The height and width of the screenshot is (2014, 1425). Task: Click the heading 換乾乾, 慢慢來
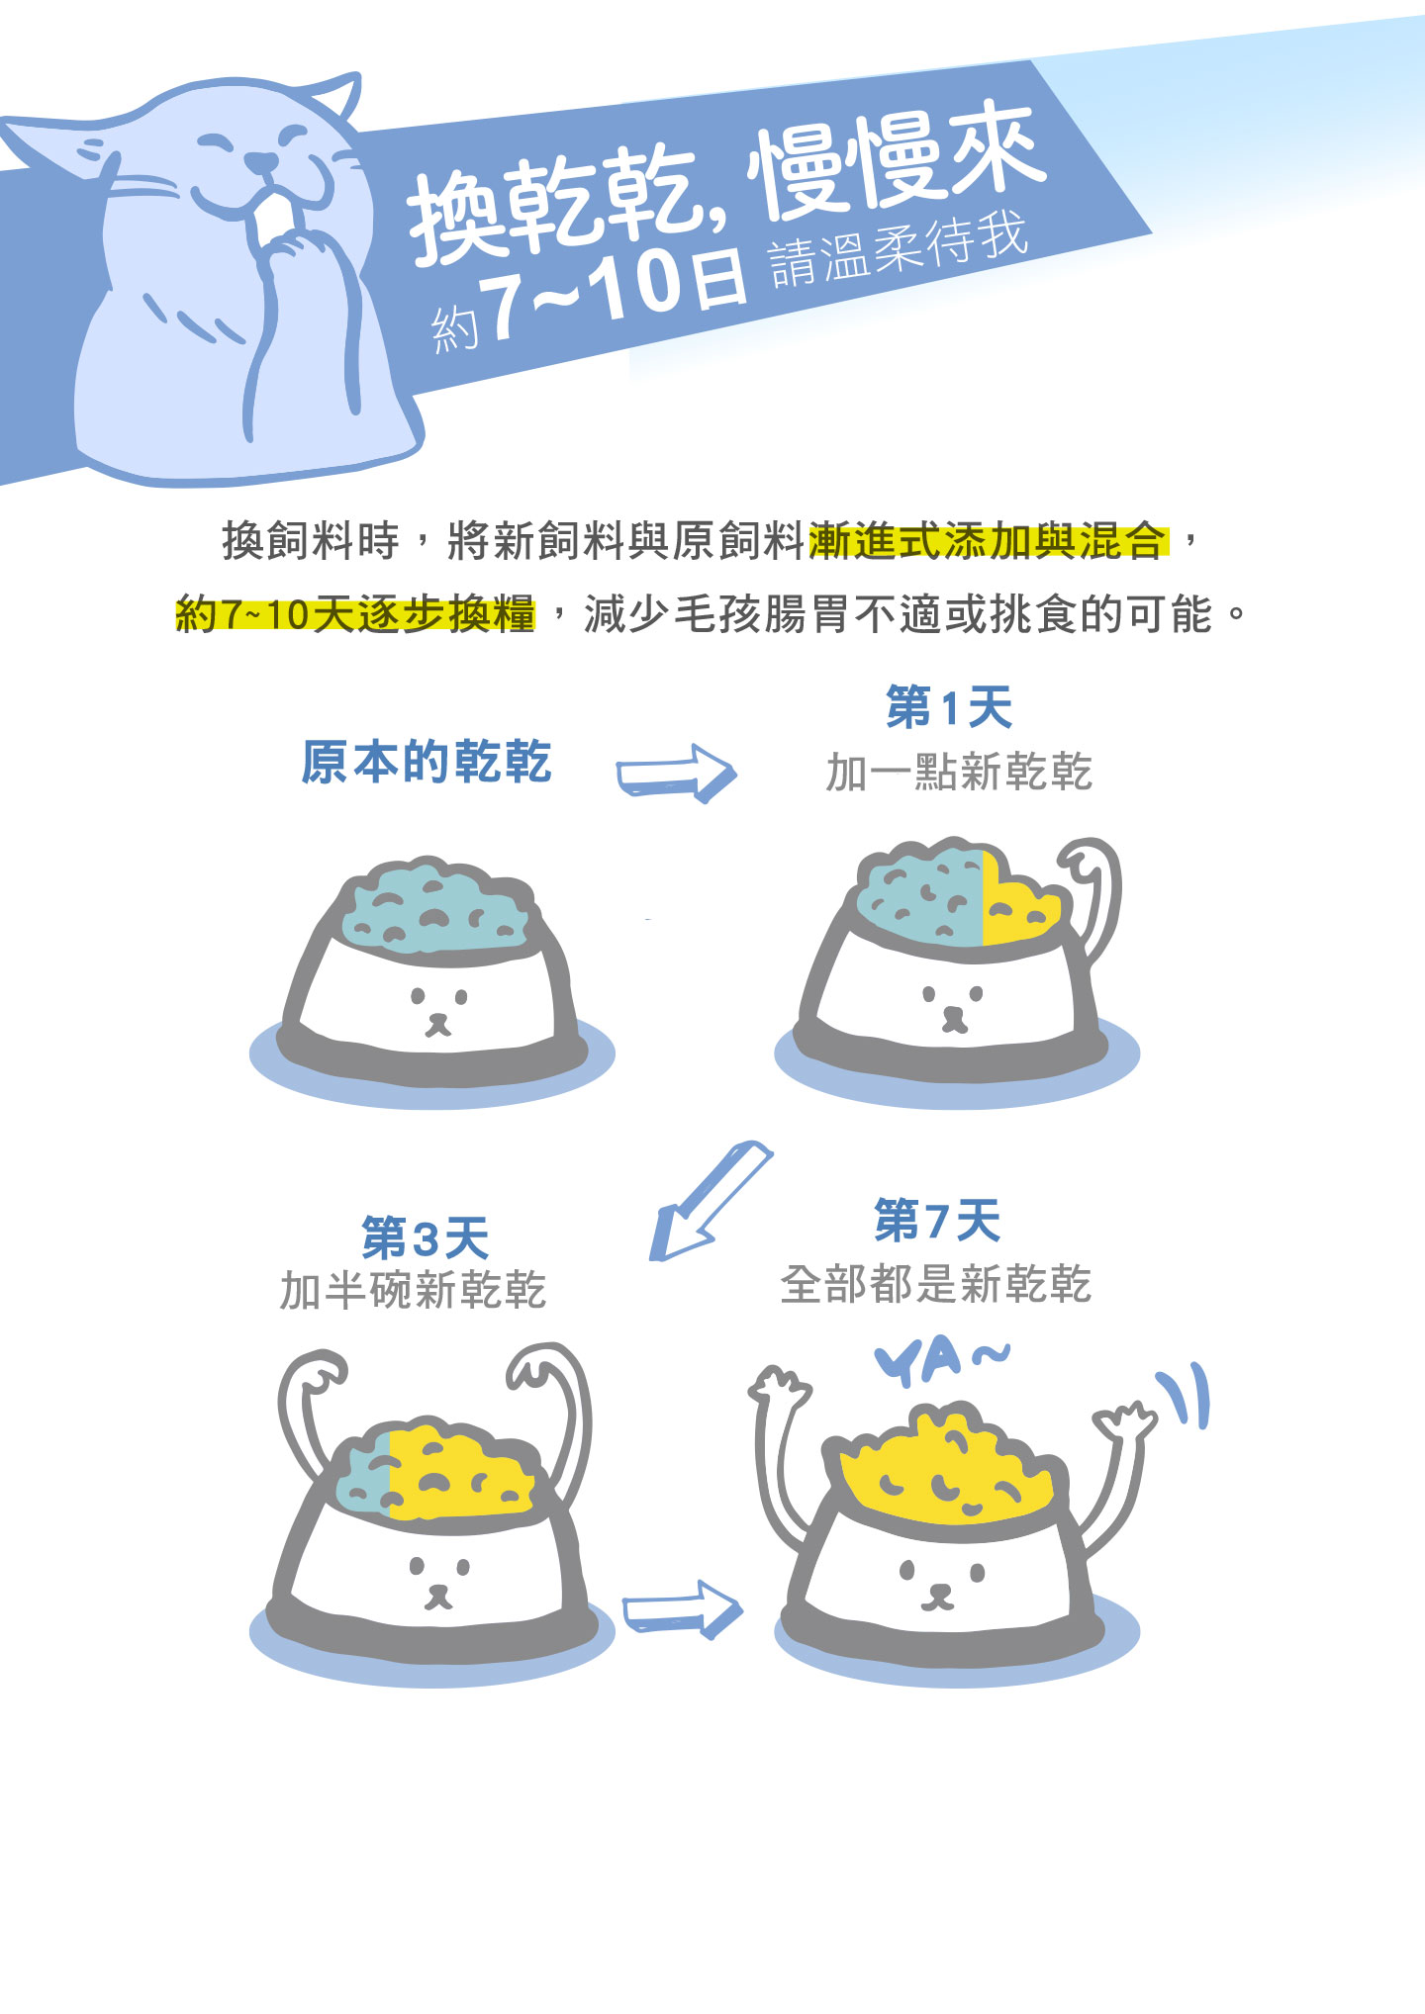pos(727,183)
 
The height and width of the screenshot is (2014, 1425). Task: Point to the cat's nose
pos(260,161)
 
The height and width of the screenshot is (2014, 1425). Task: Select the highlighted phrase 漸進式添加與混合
pos(988,541)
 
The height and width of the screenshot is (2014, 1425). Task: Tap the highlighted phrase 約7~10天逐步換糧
pos(355,614)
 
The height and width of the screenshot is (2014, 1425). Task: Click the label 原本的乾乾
pos(426,762)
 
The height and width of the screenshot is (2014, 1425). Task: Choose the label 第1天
pos(948,708)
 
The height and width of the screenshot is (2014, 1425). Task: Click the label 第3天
pos(426,1237)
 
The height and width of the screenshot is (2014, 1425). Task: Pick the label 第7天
pos(937,1220)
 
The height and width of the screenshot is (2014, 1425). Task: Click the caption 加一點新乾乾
pos(959,772)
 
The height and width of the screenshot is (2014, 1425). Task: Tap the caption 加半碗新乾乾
pos(413,1290)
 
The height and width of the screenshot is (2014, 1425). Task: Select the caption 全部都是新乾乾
pos(935,1284)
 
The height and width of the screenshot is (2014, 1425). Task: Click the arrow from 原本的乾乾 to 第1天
pos(677,774)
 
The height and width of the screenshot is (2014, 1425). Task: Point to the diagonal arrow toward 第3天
pos(710,1200)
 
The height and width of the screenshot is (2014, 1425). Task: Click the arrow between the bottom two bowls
pos(682,1609)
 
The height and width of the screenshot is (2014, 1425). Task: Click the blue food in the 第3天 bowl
pos(364,1476)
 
